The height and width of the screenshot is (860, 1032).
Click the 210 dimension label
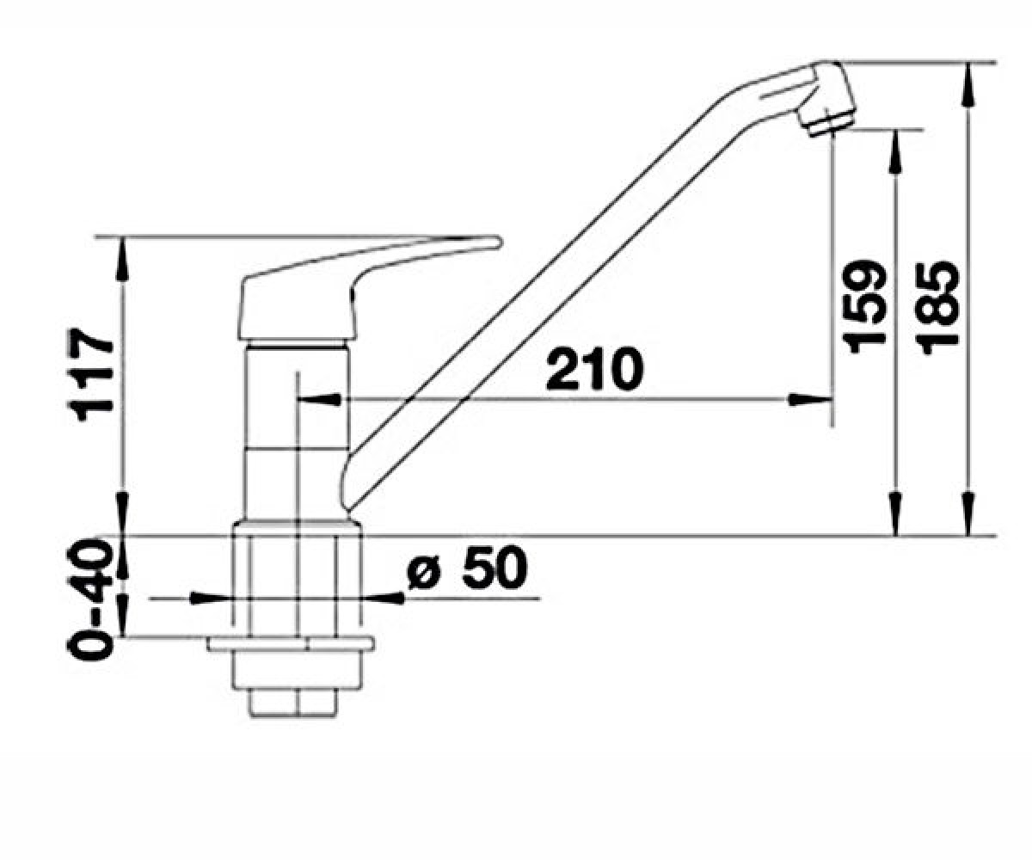point(594,369)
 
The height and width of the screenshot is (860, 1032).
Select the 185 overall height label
point(937,306)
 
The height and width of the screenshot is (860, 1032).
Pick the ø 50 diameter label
point(467,568)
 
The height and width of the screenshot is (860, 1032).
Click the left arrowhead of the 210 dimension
point(321,399)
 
